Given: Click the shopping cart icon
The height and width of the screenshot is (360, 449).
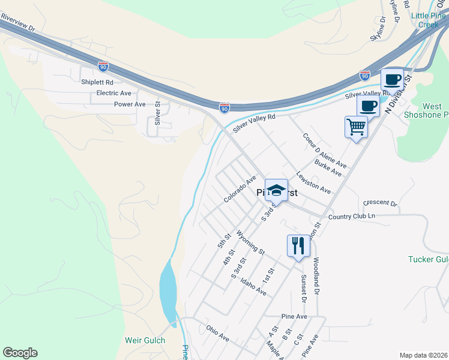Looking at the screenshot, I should point(356,127).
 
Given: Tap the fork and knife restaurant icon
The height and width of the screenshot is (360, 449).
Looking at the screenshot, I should point(298,245).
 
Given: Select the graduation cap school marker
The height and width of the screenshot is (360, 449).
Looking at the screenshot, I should point(276,191).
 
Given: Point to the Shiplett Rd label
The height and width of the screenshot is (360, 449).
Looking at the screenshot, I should point(97,82).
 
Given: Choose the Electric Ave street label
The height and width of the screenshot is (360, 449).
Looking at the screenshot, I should point(114,94).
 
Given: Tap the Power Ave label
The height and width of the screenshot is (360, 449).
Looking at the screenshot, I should point(130,104).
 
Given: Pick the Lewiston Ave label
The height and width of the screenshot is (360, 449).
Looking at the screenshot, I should point(313,183).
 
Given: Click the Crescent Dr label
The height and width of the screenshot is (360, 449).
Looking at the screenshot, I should point(381,203).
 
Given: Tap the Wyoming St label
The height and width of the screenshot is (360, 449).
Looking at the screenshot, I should point(250,242).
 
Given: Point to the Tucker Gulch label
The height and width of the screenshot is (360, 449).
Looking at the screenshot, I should point(428,259).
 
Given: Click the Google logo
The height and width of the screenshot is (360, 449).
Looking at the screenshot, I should point(20,353).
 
